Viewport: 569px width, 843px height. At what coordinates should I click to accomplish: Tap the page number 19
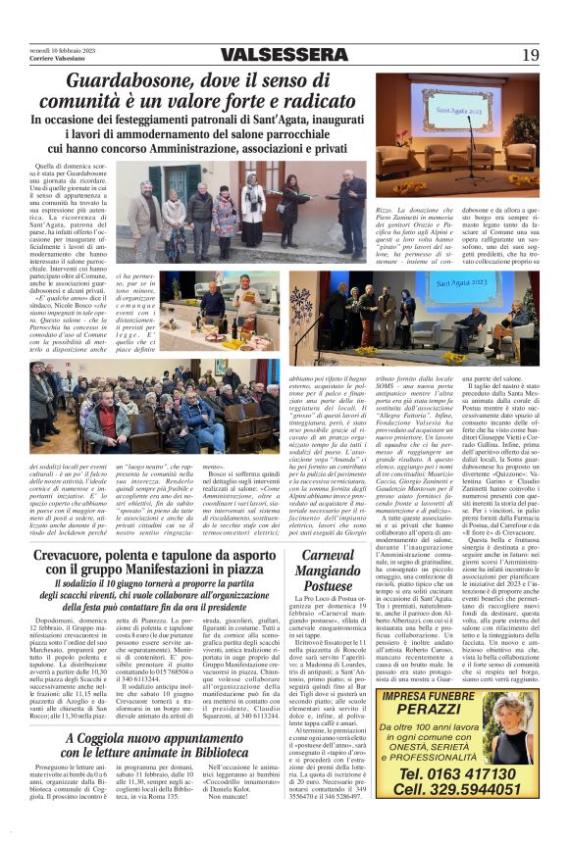click(531, 55)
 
